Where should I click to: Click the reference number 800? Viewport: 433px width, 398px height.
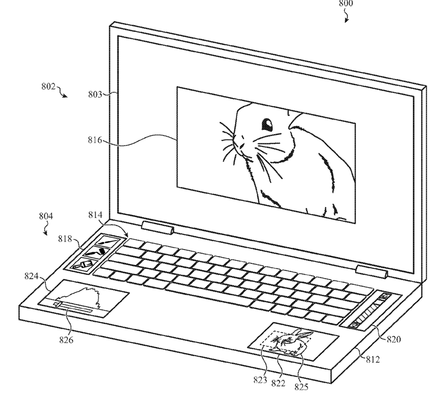(346, 3)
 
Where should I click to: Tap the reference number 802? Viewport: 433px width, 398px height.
(48, 87)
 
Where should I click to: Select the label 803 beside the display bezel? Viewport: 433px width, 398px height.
(95, 94)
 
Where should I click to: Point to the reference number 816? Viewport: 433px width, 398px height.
(95, 140)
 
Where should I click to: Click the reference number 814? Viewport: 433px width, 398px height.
(95, 215)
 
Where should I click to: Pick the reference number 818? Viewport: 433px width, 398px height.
(65, 238)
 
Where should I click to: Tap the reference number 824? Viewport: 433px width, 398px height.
(32, 276)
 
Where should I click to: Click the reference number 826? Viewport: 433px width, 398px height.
(66, 340)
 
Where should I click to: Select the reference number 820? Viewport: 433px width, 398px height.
(394, 339)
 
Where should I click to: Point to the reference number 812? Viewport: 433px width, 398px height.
(373, 359)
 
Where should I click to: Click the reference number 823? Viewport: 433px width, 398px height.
(260, 380)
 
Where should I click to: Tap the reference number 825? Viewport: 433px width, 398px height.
(301, 387)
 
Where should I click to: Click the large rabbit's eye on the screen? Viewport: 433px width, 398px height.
(267, 125)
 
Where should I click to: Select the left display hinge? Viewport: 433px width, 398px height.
(158, 228)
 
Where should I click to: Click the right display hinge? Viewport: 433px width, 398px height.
(372, 271)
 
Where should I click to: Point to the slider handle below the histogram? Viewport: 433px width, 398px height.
(58, 304)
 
